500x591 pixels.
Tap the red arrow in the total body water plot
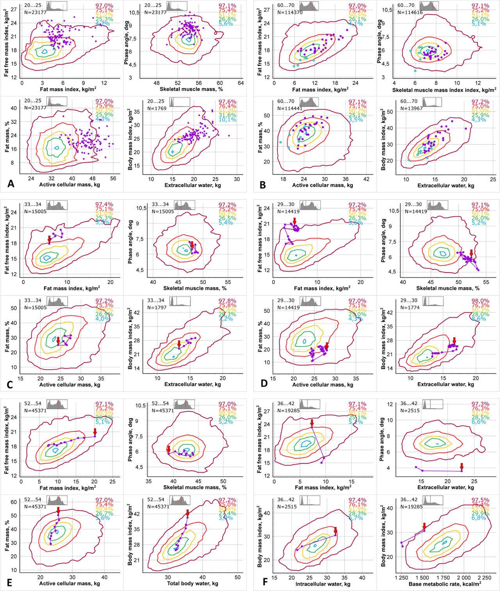pyautogui.click(x=187, y=512)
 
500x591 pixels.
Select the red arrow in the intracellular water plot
pyautogui.click(x=336, y=530)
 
